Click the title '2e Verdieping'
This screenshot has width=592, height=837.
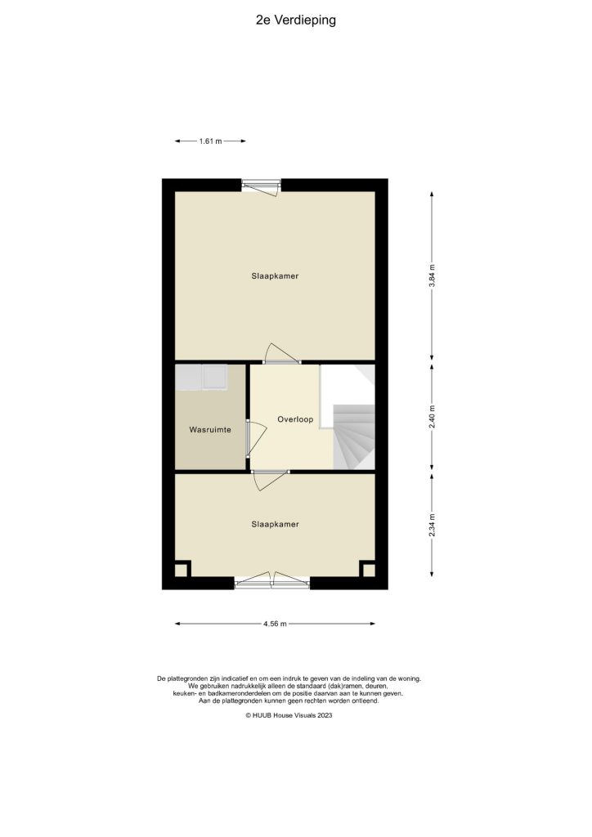pos(295,20)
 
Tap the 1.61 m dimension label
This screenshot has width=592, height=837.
pos(211,141)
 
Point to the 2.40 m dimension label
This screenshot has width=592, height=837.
pos(433,418)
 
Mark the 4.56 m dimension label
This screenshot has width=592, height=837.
pos(276,624)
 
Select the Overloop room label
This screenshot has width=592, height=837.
pos(291,418)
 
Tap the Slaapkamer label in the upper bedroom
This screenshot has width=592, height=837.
pos(275,276)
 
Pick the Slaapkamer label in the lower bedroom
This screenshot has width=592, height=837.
pos(275,524)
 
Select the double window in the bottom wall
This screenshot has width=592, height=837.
pos(272,581)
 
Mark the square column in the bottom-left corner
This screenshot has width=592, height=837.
pos(182,568)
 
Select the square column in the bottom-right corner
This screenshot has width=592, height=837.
pos(368,569)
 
